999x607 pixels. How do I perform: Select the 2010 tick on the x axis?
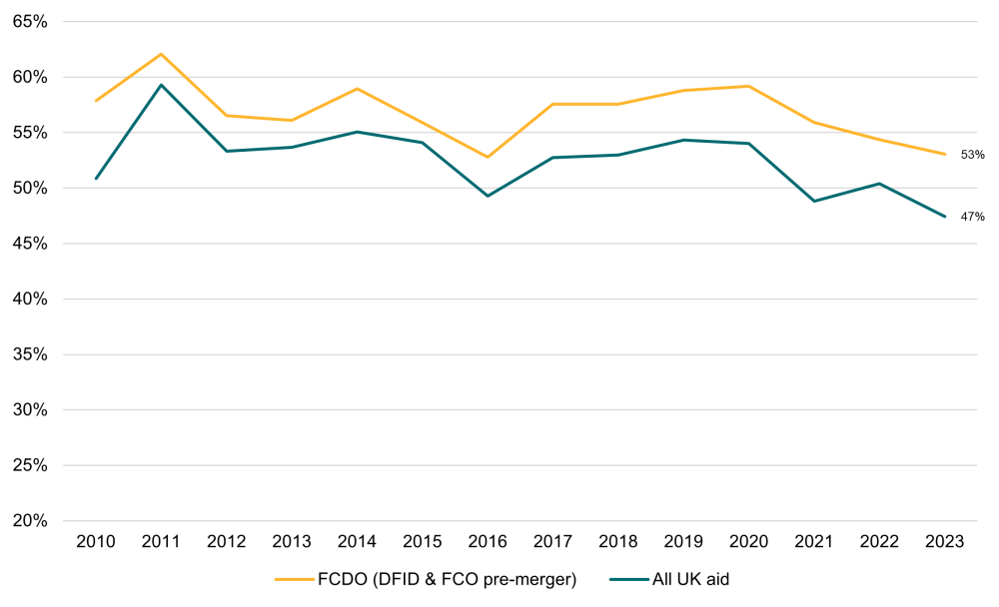(x=96, y=542)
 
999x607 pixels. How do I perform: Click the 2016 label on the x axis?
(x=488, y=542)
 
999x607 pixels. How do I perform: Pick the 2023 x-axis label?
(x=944, y=542)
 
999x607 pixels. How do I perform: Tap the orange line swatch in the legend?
(x=296, y=578)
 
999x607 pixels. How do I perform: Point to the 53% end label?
(x=972, y=155)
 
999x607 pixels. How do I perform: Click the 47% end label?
(x=972, y=217)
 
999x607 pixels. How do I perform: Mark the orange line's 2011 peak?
(x=161, y=54)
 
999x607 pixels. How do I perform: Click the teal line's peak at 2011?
(x=161, y=85)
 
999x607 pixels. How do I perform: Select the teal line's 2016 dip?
(x=488, y=196)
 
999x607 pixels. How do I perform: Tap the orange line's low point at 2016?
(x=488, y=157)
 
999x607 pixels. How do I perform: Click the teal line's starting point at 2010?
(x=96, y=179)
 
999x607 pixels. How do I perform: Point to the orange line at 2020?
(x=748, y=86)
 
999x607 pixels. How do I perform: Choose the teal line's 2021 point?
(x=814, y=201)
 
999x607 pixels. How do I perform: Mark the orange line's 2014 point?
(x=357, y=89)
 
